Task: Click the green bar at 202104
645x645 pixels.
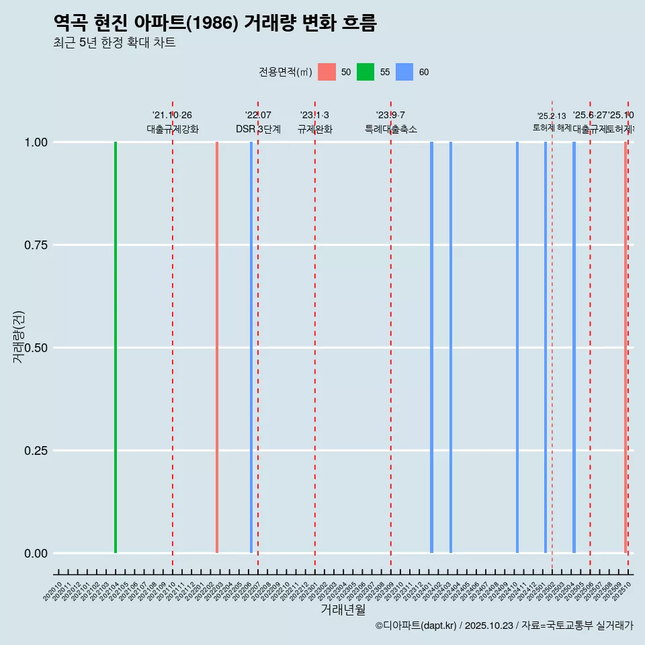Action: coord(116,347)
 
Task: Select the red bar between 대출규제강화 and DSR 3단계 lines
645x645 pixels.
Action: coord(217,347)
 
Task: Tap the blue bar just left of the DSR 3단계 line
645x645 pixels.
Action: coord(251,347)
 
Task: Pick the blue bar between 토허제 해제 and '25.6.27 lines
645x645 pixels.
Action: coord(574,347)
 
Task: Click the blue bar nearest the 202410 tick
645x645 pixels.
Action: coord(517,347)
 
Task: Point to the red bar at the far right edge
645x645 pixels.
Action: coord(625,347)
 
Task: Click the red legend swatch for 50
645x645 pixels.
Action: coord(327,72)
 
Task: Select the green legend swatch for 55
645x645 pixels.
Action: coord(365,72)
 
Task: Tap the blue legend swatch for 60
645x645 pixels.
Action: coord(404,72)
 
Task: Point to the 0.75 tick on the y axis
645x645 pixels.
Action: coord(36,245)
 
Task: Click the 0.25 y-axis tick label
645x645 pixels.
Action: coord(36,451)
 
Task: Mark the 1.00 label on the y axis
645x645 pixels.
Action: coord(36,142)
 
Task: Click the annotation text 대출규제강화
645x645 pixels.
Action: coord(172,129)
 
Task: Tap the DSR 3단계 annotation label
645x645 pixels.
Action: coord(258,129)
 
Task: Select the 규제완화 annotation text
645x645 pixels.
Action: coord(314,129)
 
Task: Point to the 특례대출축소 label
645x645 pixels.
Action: coord(391,129)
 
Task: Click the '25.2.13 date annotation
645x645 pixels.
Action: coord(552,116)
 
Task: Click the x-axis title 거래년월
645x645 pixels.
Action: coord(343,610)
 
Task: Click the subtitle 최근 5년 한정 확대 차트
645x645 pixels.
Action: coord(114,43)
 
